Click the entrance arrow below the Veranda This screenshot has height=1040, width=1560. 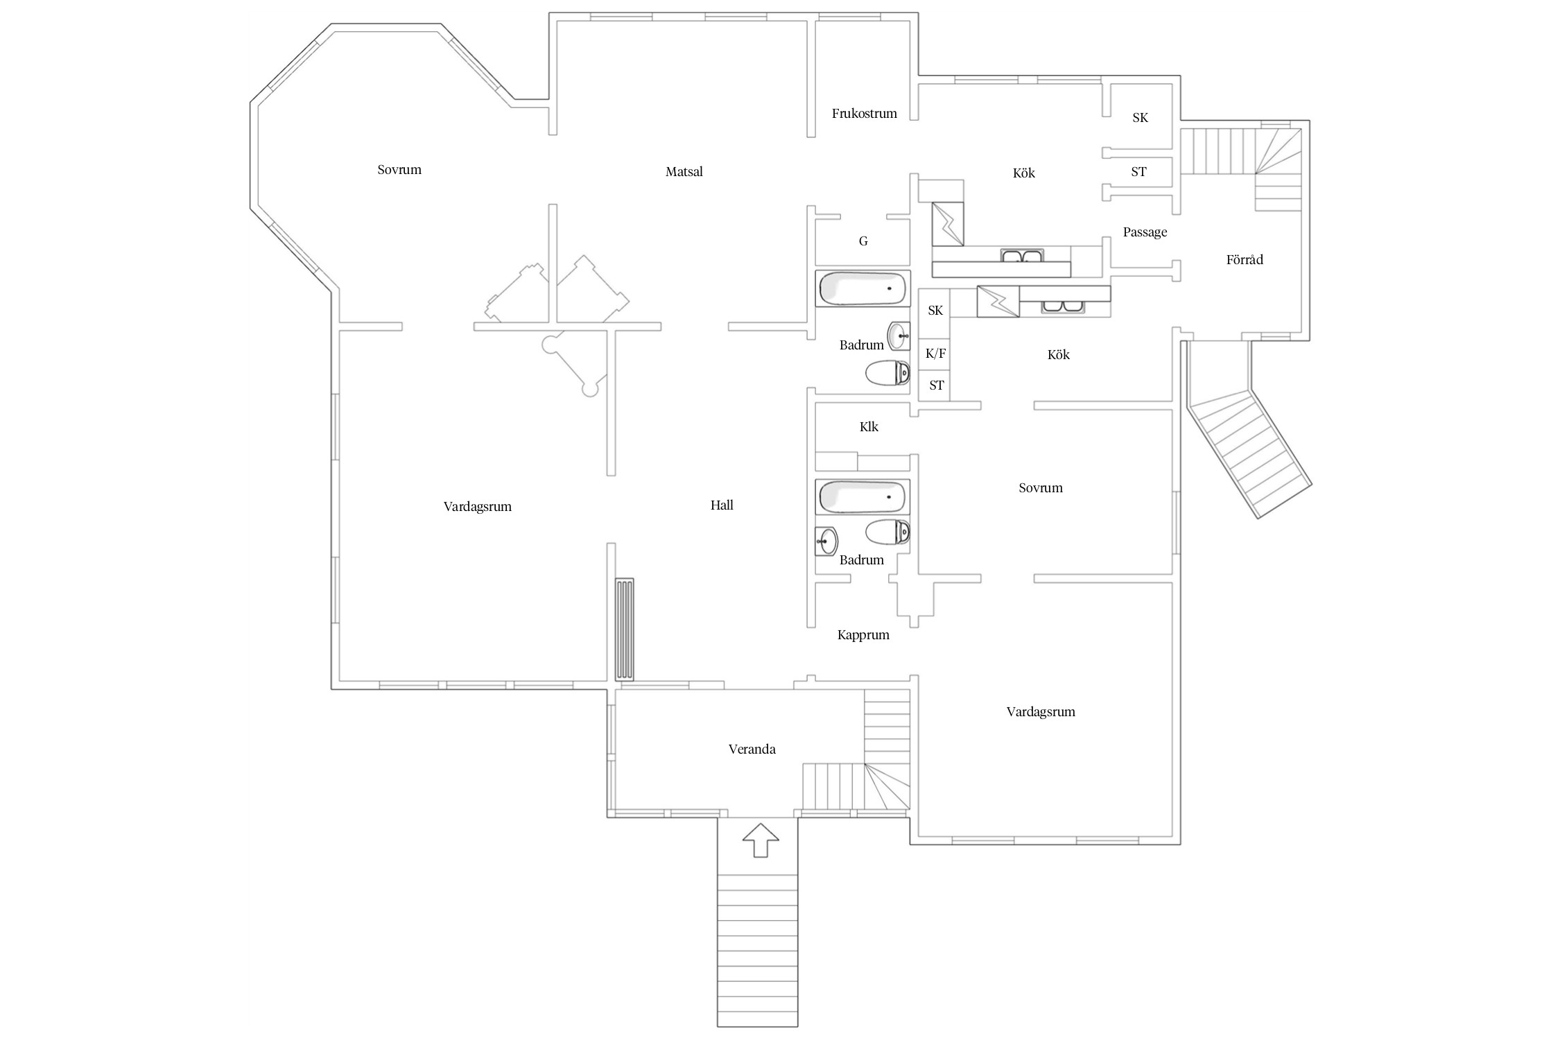click(761, 840)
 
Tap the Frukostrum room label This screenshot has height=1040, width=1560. click(865, 113)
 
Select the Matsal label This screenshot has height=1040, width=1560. click(684, 171)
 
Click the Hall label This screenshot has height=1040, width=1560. click(722, 505)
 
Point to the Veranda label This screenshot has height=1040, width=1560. click(752, 749)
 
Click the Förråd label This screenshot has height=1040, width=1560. click(1245, 259)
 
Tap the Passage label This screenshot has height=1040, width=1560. click(1145, 232)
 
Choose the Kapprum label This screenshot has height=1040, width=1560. click(863, 635)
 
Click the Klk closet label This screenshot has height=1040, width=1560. click(869, 427)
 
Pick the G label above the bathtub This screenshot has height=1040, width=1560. click(863, 241)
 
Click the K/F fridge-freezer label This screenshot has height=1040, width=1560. click(936, 354)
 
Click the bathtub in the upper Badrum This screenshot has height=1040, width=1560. click(863, 288)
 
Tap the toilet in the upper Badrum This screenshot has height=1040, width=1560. click(887, 373)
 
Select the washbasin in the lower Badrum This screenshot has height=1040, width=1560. click(826, 541)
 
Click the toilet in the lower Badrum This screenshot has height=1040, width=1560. click(887, 532)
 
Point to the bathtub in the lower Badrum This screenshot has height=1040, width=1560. click(863, 496)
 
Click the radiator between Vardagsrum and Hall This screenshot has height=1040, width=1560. click(625, 630)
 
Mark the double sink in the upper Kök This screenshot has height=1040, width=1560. click(1022, 256)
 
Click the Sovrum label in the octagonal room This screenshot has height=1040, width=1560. click(399, 170)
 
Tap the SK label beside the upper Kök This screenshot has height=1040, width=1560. click(1141, 118)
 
